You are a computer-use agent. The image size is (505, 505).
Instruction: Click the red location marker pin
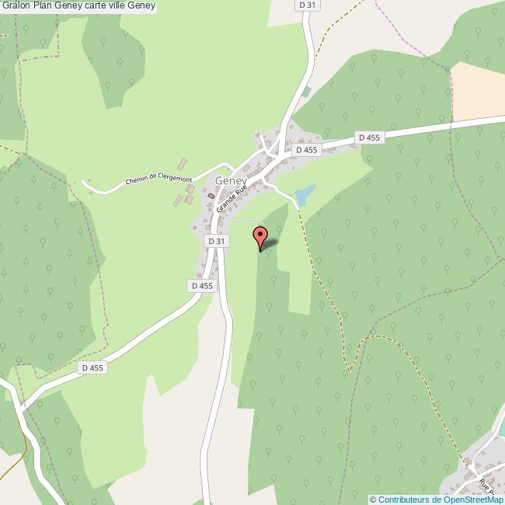tap(260, 237)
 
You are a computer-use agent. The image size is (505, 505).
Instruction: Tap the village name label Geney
tap(231, 180)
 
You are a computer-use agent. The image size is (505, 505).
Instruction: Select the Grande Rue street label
tap(232, 198)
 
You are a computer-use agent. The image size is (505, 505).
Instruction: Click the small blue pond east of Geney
tap(305, 194)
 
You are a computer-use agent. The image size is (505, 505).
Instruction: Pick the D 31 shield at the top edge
tap(307, 5)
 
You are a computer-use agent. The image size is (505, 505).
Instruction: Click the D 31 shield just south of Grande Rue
tap(217, 242)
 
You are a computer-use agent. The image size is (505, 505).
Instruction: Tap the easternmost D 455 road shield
tap(369, 138)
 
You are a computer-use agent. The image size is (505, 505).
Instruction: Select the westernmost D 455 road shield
tap(92, 367)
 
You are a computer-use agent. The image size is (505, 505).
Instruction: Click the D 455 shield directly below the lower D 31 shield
tap(201, 286)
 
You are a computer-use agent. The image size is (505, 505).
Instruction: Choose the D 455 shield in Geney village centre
tap(307, 150)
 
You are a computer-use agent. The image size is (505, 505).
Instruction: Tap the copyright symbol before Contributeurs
tap(373, 500)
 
